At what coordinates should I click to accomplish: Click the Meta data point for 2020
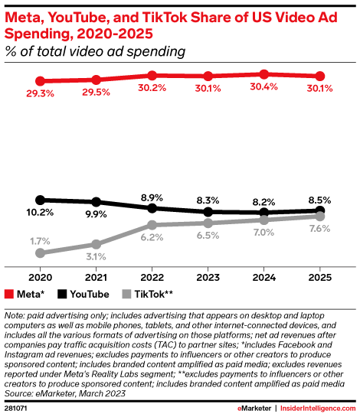[40, 80]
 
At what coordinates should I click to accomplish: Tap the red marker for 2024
[263, 74]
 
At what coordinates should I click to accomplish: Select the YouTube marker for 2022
[152, 208]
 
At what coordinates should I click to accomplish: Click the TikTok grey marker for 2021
[96, 244]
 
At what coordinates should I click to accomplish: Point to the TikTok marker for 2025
[319, 217]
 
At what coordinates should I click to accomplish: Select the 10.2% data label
[40, 213]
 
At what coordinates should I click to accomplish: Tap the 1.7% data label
[40, 241]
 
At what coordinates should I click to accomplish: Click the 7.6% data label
[319, 229]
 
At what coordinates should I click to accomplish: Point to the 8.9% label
[152, 197]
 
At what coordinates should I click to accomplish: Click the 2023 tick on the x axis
[208, 275]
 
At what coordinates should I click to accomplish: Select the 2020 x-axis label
[40, 275]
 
